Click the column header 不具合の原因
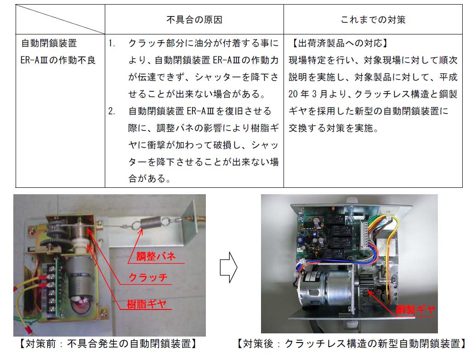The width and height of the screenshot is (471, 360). click(x=194, y=20)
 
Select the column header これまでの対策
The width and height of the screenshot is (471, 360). click(x=373, y=20)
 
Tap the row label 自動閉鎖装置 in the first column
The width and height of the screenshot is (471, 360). click(x=49, y=43)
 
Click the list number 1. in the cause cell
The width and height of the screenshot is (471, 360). click(x=112, y=44)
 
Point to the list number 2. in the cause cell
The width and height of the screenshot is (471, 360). click(x=112, y=112)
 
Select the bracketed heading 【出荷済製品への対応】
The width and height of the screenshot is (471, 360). click(x=340, y=43)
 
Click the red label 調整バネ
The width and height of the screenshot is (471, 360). click(x=156, y=256)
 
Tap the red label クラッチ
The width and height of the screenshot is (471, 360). click(x=148, y=277)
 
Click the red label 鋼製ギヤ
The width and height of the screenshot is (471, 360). click(x=415, y=309)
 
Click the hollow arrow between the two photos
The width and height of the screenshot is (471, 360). click(x=228, y=267)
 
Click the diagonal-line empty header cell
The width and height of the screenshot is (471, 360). click(x=60, y=19)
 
